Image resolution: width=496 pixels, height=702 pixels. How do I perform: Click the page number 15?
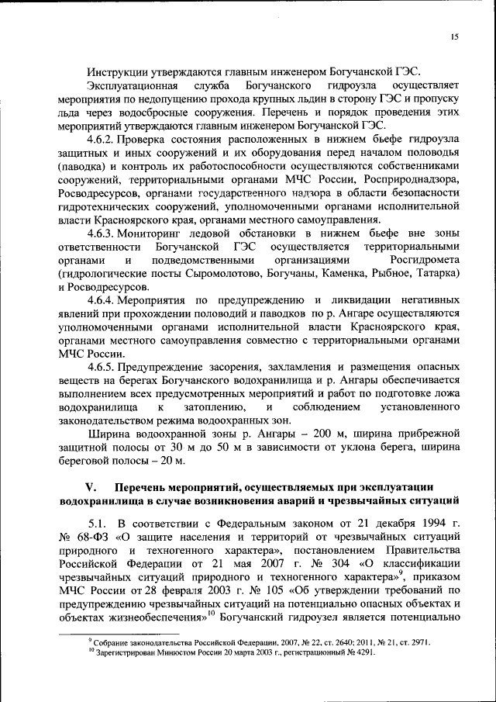click(x=454, y=37)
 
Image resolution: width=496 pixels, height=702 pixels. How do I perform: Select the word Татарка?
click(x=438, y=274)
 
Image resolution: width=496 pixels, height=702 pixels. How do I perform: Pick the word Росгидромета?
click(x=428, y=260)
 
